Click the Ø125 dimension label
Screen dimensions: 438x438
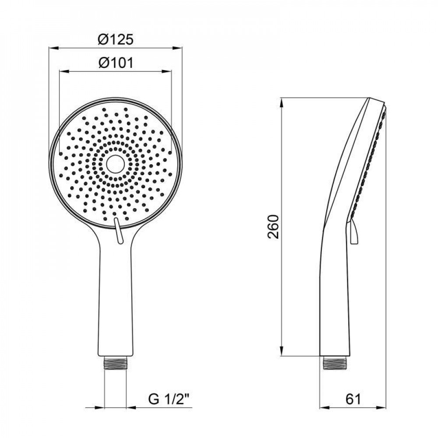pyautogui.click(x=115, y=40)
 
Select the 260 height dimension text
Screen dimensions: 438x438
pyautogui.click(x=273, y=226)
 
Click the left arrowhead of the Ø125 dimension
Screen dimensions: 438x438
pyautogui.click(x=50, y=47)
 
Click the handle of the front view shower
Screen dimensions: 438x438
pyautogui.click(x=115, y=298)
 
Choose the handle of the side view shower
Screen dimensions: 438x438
pyautogui.click(x=335, y=298)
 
